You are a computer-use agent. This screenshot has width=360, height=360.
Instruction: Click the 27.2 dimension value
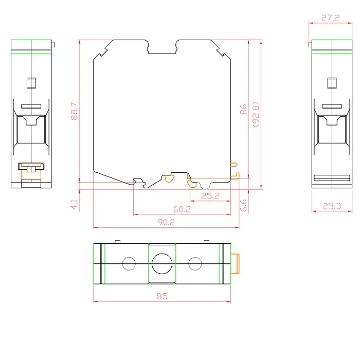coord(330,18)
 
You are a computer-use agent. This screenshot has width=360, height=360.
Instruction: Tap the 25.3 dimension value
coord(332,206)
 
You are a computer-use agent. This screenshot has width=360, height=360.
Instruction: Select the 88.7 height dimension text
coord(75,111)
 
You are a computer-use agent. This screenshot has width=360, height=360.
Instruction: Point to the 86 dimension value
coord(243,109)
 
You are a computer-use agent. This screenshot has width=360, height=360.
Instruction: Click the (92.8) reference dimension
coord(256,114)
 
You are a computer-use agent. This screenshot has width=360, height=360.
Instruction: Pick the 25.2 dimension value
coord(210,196)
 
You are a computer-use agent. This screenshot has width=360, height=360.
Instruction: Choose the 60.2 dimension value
coord(182,209)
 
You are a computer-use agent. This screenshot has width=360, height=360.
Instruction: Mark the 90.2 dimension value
coord(166,222)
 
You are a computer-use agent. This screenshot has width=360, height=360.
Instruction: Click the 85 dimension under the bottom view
coord(162,296)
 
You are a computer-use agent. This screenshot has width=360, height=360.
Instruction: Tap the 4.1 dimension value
coord(75,204)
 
